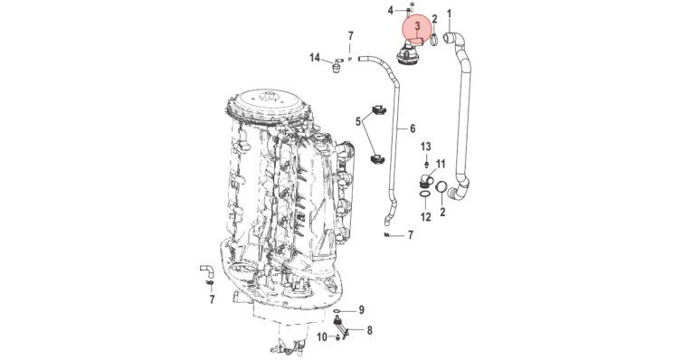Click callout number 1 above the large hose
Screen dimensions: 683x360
coord(449,14)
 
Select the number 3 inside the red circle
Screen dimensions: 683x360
coord(417,26)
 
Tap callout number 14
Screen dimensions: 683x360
coord(315,58)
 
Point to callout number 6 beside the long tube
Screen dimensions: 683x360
coord(413,128)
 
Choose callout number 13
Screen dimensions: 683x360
coord(425,147)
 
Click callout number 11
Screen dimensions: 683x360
coord(441,164)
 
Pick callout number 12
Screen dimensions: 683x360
coord(425,216)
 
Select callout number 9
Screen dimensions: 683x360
coord(361,310)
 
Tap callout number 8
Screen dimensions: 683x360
coord(369,330)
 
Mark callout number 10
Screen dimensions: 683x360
coord(322,336)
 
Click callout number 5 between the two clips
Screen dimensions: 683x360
coord(358,121)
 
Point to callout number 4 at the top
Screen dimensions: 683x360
coord(391,10)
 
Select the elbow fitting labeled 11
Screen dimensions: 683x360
coord(425,180)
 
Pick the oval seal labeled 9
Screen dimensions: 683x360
coord(337,311)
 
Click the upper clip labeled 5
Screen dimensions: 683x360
coord(378,110)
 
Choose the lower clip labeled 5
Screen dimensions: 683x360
coord(377,159)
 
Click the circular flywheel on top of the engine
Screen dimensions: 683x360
coord(267,105)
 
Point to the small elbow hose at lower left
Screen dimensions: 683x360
coord(207,270)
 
